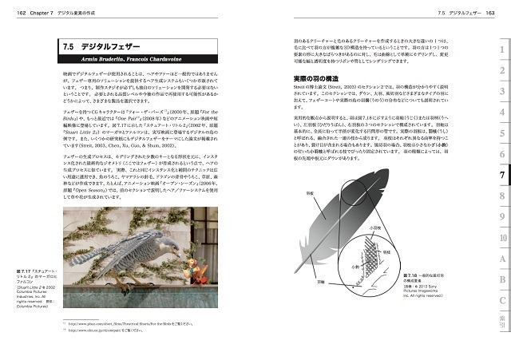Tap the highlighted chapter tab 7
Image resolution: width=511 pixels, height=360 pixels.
coord(501,174)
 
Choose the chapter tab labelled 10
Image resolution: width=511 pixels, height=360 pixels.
coord(501,237)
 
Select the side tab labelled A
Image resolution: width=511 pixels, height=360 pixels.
coord(501,259)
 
